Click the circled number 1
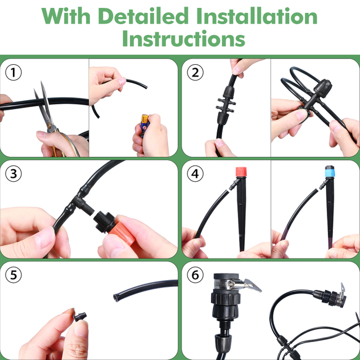(13, 73)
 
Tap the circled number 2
(195, 73)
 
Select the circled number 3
(13, 174)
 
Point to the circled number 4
(195, 174)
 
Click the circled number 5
(13, 275)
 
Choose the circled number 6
(195, 275)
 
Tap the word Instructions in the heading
(184, 38)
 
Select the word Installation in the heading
(257, 16)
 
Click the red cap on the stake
(241, 172)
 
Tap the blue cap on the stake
(330, 171)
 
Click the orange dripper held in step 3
(121, 230)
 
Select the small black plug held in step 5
(80, 317)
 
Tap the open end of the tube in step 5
(115, 298)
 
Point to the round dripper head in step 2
(323, 88)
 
